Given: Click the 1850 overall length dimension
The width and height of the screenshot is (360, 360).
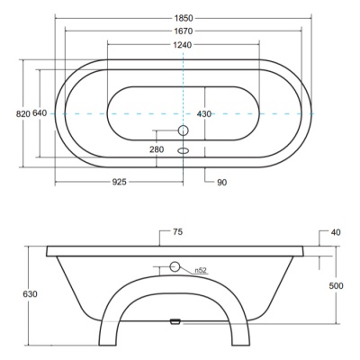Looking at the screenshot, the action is coord(184,18).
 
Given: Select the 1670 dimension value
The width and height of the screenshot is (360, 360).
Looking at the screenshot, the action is coord(184,31).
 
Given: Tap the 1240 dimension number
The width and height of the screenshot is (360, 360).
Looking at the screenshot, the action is coord(183,45).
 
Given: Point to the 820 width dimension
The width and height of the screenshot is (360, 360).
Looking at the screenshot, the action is coord(23,113).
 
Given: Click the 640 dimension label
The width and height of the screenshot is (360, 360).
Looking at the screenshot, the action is coord(40,113).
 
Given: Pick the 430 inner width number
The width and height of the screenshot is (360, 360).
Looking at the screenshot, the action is coord(204,114).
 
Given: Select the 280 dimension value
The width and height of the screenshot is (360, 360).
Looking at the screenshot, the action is coord(157,149).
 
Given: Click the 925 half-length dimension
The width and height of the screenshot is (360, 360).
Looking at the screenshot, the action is coord(120,182).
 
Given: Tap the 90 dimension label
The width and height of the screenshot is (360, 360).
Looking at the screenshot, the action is coord(221,182).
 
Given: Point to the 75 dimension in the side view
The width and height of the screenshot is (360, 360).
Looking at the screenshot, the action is coord(177,232).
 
